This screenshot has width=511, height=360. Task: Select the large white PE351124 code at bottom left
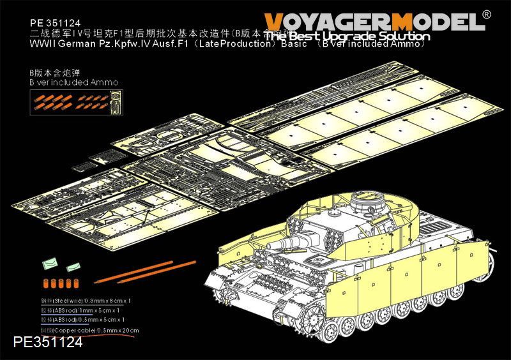(42, 342)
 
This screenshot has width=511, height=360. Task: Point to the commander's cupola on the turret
(363, 206)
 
